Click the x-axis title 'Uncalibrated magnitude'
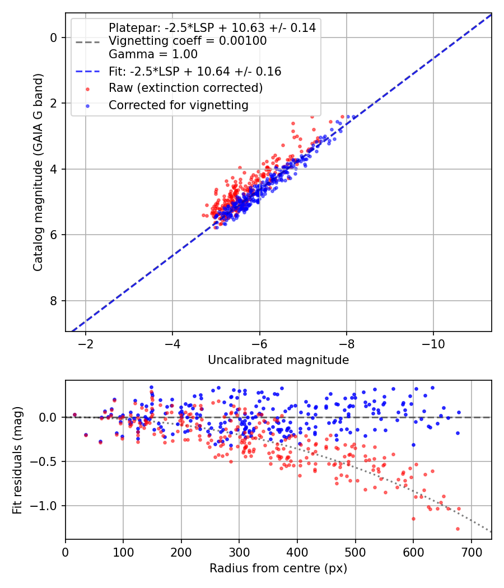pyautogui.click(x=278, y=360)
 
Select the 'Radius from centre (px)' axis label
pyautogui.click(x=278, y=568)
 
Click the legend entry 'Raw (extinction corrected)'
pyautogui.click(x=185, y=88)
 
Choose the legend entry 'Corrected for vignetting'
pyautogui.click(x=179, y=105)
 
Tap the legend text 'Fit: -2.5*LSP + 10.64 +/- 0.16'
pyautogui.click(x=195, y=72)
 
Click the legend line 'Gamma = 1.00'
pyautogui.click(x=153, y=54)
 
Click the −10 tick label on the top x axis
pyautogui.click(x=433, y=342)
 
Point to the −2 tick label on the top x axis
pyautogui.click(x=86, y=342)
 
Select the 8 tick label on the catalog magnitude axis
pyautogui.click(x=54, y=301)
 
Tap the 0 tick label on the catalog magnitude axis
pyautogui.click(x=54, y=38)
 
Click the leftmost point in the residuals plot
pyautogui.click(x=74, y=415)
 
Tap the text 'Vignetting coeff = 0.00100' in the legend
pyautogui.click(x=188, y=41)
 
